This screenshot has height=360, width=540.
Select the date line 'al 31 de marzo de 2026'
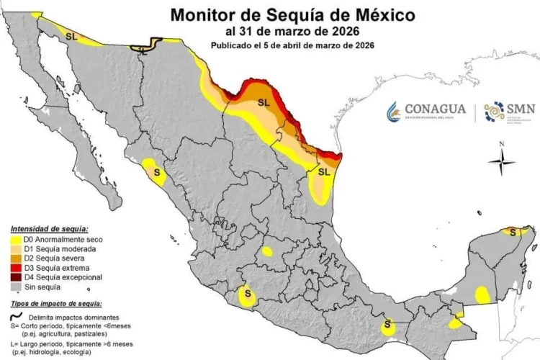(x=292, y=31)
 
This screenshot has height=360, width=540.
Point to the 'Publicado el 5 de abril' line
(x=292, y=45)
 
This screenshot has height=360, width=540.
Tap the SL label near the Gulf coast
(x=324, y=171)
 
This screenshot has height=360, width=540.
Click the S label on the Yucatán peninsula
(x=513, y=232)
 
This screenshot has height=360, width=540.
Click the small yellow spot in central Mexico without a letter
(x=267, y=251)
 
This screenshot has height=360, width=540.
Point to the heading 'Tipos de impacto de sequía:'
(x=52, y=305)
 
